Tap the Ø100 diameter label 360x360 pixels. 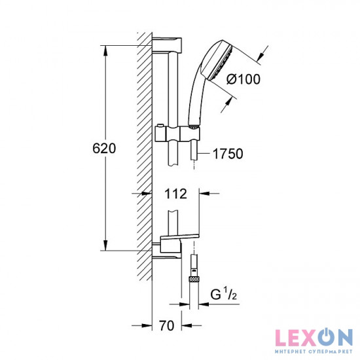(x=244, y=79)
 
